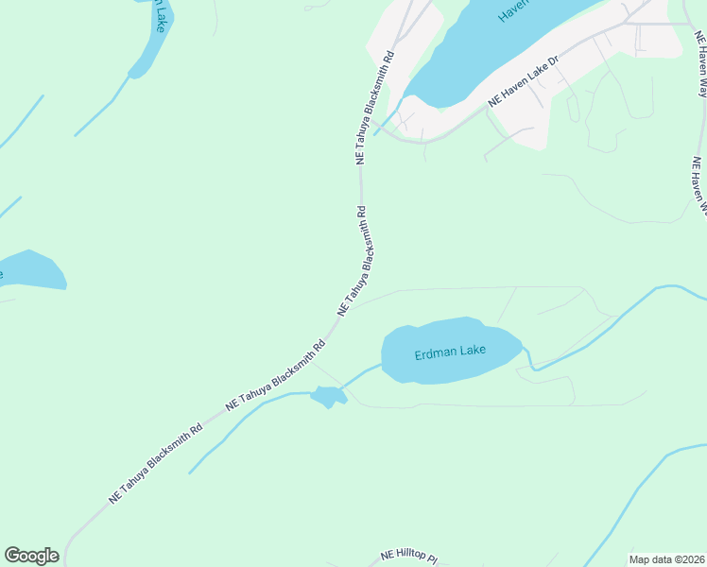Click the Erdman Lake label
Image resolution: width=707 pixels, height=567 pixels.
pos(450,352)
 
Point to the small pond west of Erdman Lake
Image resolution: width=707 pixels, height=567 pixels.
pos(327,397)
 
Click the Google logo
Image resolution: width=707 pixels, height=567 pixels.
pos(31,556)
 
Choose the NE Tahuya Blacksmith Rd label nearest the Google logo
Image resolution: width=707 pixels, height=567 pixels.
pos(156,462)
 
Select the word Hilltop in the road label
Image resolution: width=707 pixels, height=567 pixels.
pos(414,555)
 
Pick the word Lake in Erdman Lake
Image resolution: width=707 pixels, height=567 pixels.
pos(473,351)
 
